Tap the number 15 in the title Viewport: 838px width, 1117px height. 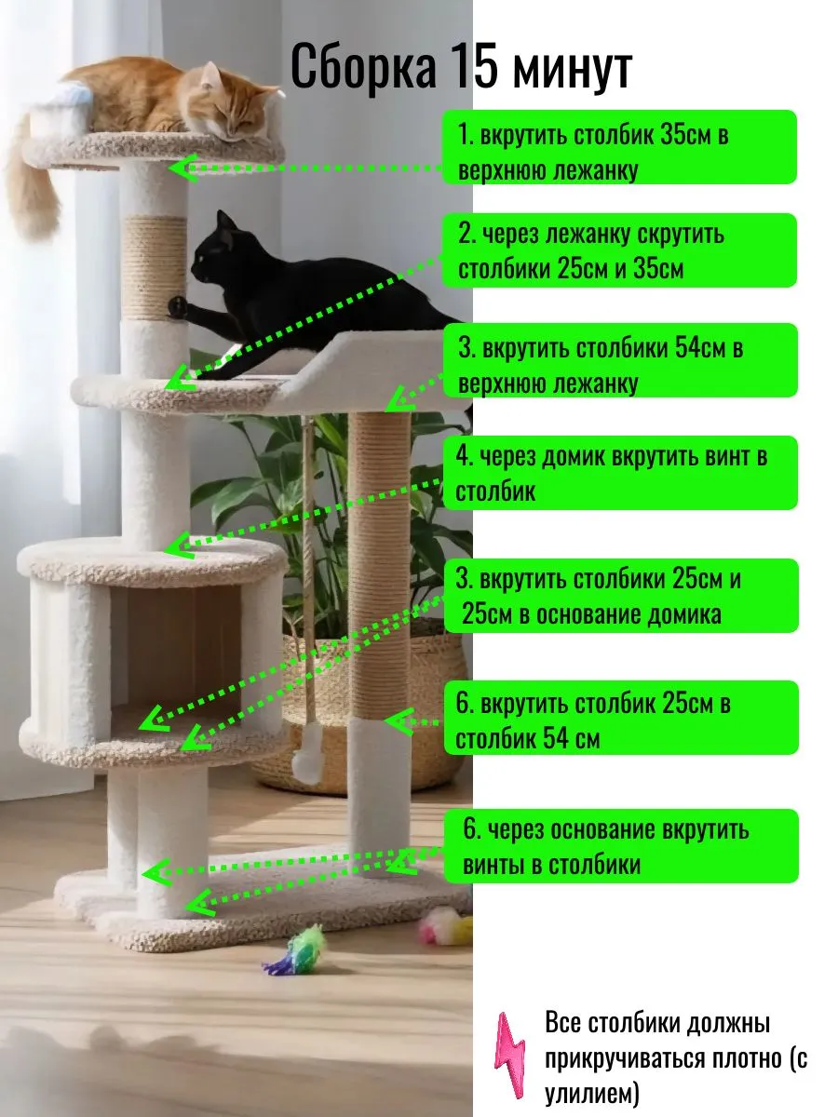(x=473, y=67)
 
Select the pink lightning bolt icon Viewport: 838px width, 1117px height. (x=510, y=1055)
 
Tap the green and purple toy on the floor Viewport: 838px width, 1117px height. (x=295, y=951)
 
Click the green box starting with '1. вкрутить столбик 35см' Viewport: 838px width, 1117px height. (x=618, y=147)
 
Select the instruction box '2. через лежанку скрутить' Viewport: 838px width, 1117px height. (x=618, y=250)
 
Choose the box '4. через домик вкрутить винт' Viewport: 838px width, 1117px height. (x=620, y=472)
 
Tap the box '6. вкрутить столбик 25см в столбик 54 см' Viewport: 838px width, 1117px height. (x=620, y=718)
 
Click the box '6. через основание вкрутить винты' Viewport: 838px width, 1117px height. (x=621, y=846)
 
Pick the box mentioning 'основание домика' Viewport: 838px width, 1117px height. (x=621, y=596)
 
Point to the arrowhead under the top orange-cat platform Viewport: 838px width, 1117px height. (x=183, y=168)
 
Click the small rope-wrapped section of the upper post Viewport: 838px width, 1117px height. (x=155, y=267)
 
